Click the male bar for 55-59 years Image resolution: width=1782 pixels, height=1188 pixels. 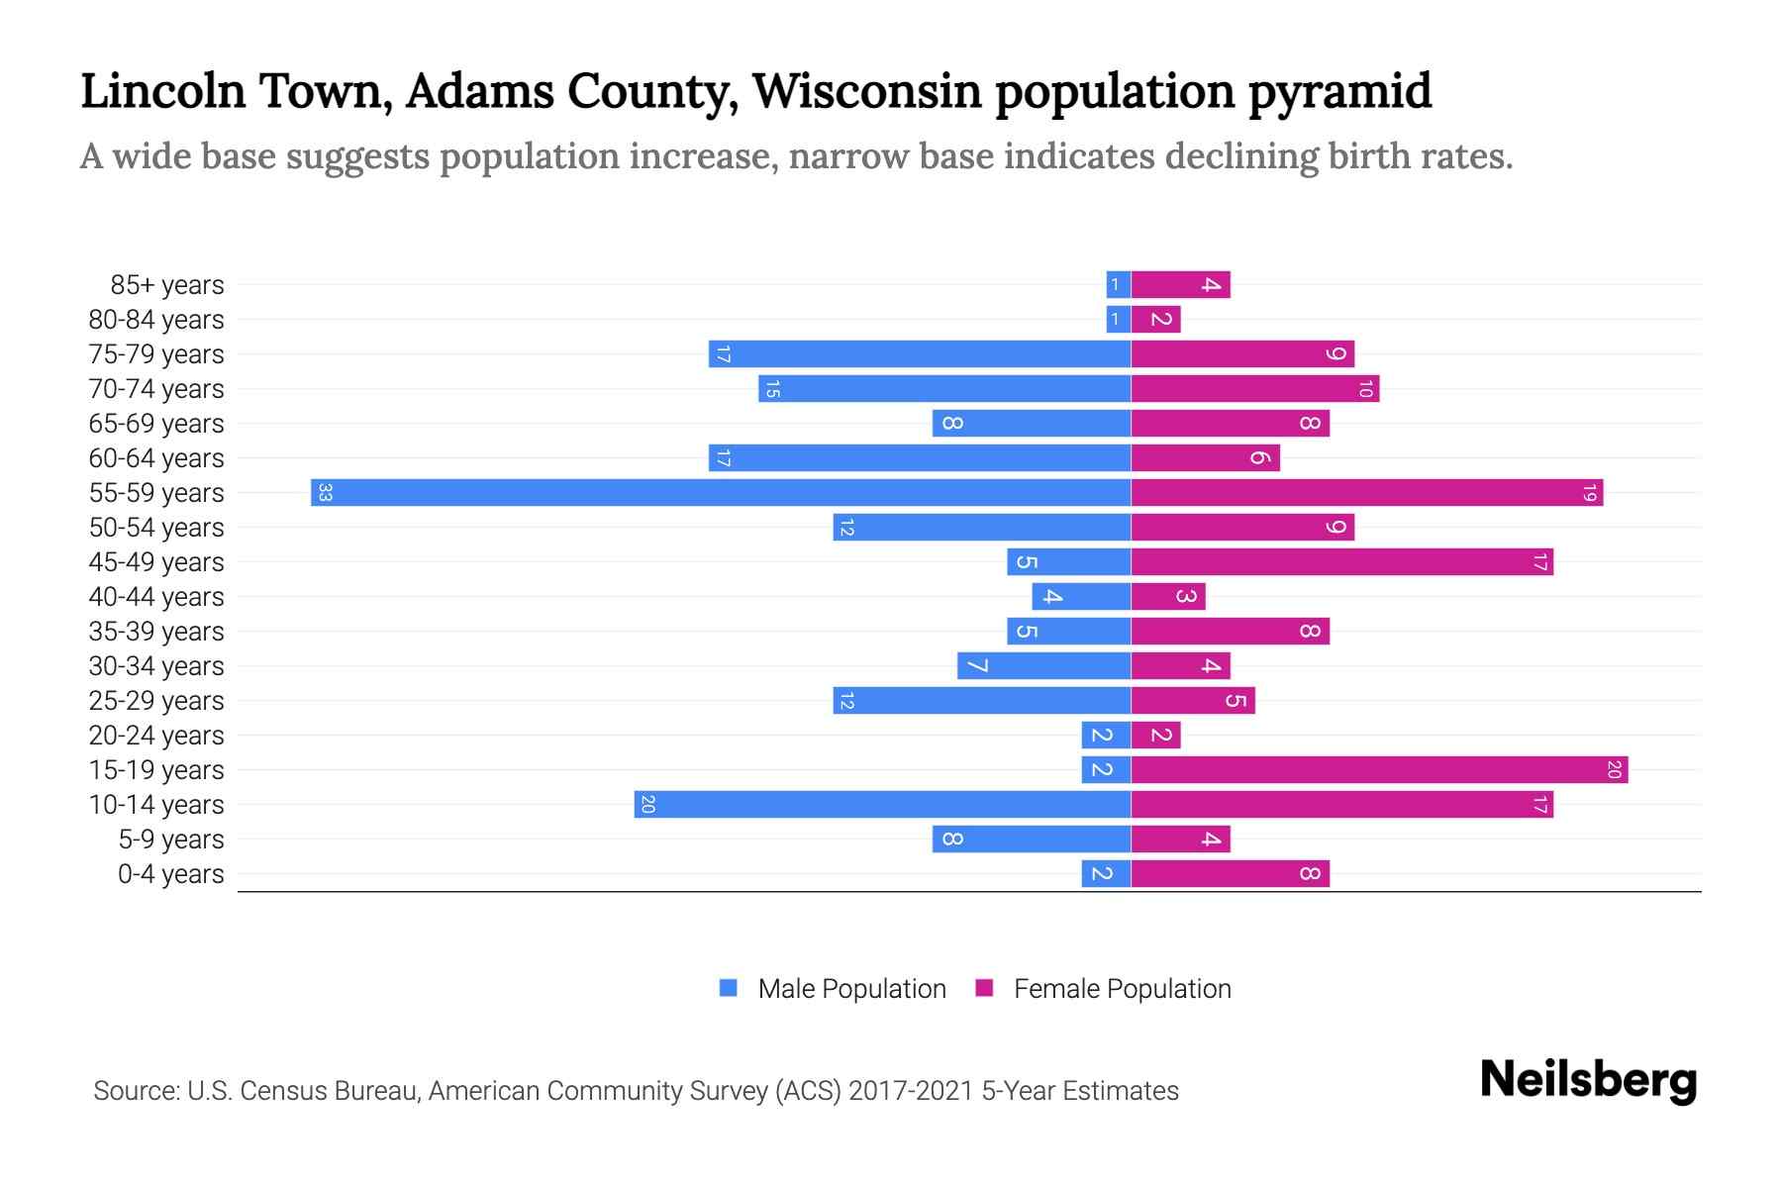[721, 492]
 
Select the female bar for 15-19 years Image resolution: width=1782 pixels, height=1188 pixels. [1379, 769]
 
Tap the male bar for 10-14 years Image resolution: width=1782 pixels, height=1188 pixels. [882, 804]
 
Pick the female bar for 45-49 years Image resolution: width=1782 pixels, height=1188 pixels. [1341, 561]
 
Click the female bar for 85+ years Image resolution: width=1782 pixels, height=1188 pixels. [1180, 284]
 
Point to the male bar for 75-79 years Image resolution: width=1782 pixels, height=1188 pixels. [920, 353]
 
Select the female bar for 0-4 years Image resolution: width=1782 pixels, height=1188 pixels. [1230, 873]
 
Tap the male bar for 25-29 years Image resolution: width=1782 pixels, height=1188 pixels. [981, 700]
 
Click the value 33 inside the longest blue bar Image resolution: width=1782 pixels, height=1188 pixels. [325, 492]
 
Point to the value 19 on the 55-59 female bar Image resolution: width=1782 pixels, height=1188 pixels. [1589, 492]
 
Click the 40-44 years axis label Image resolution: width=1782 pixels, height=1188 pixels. [156, 597]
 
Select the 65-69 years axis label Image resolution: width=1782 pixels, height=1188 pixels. [156, 424]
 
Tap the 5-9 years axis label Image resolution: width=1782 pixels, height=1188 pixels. [171, 840]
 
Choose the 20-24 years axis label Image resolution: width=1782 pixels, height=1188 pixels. [156, 736]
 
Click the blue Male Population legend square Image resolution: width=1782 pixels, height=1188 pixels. [729, 988]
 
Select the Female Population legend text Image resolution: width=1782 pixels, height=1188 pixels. [1122, 988]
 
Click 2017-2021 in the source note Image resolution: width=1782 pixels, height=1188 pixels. [911, 1091]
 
